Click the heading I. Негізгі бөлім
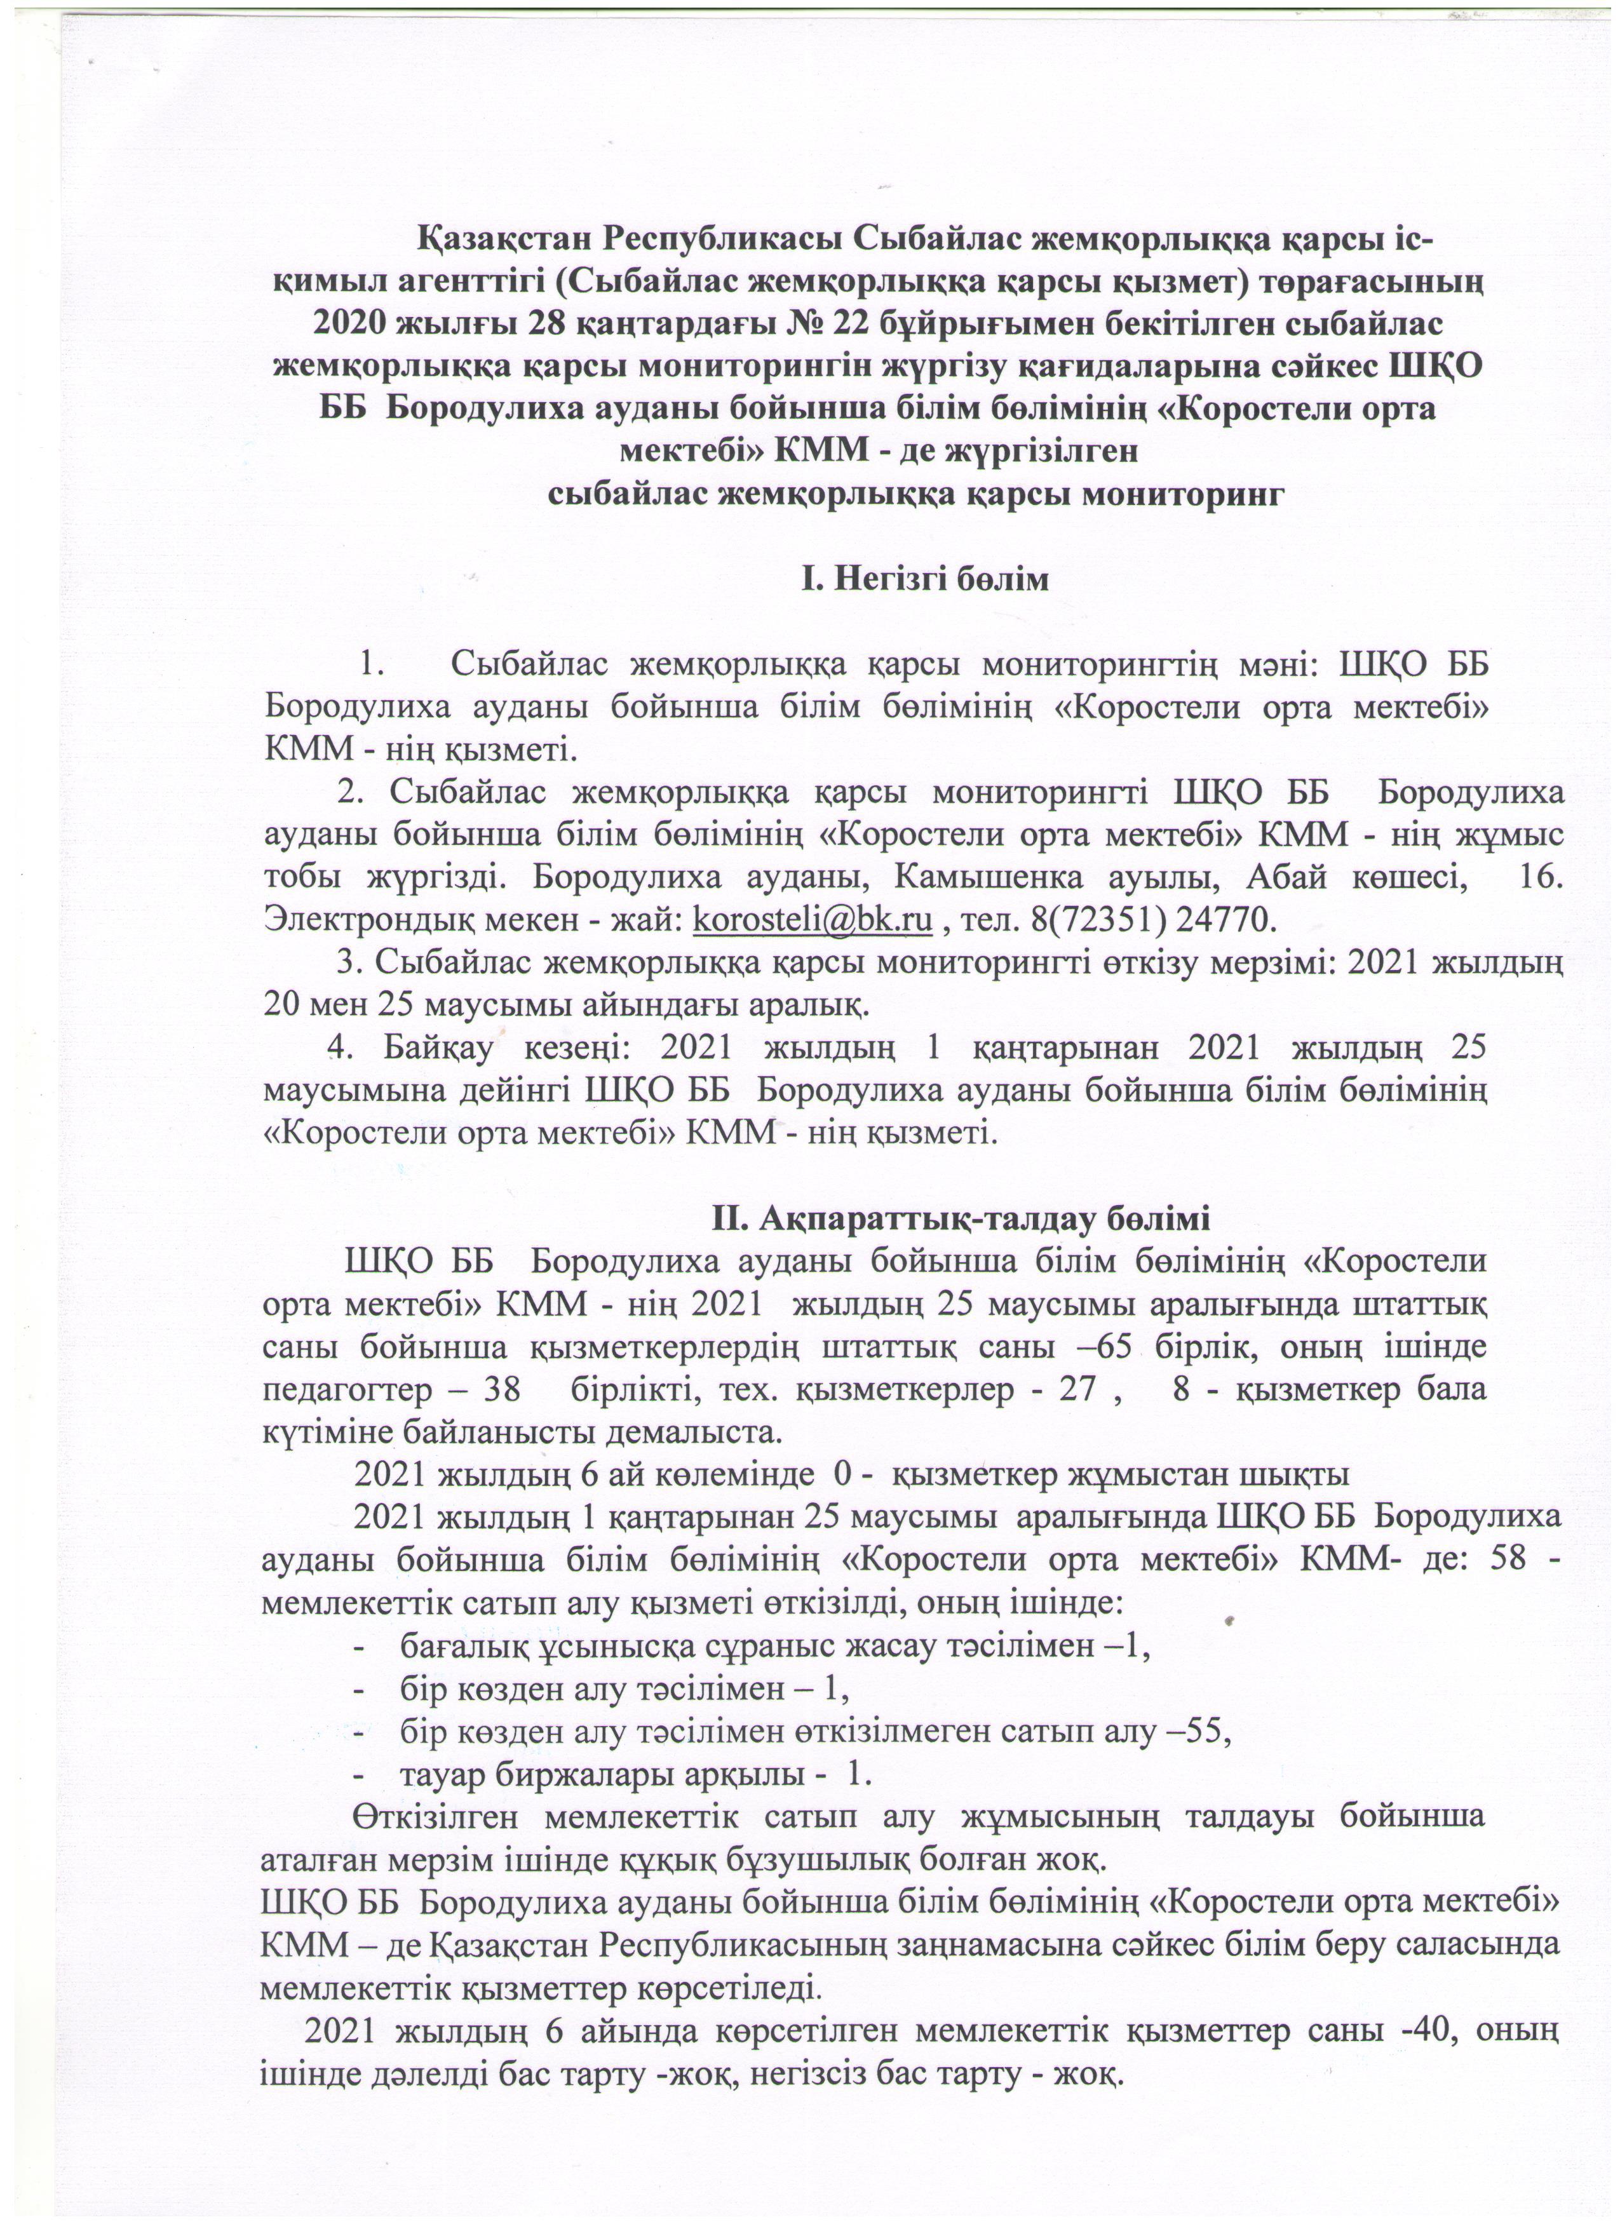[925, 579]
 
